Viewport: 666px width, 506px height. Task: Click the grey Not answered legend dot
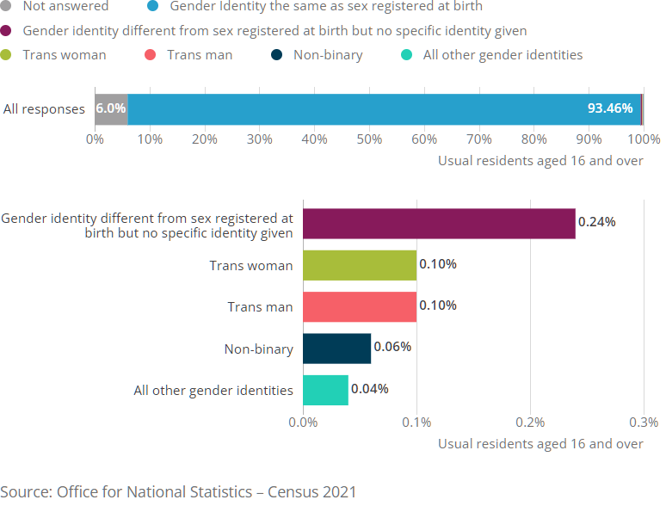point(8,7)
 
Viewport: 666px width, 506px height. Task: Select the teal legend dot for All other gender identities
point(407,55)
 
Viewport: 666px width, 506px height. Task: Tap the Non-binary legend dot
point(276,55)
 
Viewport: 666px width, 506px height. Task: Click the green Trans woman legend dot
point(8,55)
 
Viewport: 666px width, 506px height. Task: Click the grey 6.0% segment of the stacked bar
point(111,109)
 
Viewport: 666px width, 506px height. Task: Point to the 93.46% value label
point(609,109)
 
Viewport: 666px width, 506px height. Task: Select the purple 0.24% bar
point(439,223)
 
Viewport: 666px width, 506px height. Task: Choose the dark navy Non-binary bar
point(336,349)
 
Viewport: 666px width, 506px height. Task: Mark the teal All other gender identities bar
point(325,390)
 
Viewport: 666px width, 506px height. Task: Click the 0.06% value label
point(392,347)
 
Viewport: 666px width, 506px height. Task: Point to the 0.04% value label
point(370,388)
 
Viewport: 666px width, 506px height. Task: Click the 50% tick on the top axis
point(369,139)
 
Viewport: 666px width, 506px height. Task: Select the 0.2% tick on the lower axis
point(530,422)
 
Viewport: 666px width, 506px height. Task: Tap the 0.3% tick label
point(643,422)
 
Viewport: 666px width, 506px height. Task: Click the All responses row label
point(44,109)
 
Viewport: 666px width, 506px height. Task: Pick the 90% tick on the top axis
point(589,139)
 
